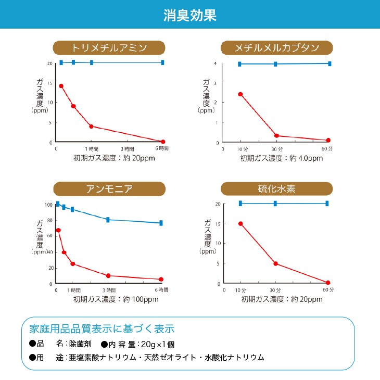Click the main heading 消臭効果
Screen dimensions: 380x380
point(189,15)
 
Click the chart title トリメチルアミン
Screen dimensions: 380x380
point(109,48)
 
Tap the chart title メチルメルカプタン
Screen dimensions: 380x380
point(277,48)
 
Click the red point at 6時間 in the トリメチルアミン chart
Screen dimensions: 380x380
point(163,142)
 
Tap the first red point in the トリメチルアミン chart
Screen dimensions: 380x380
point(61,86)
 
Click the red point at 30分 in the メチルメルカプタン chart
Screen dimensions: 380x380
point(276,136)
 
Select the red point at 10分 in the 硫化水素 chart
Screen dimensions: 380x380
point(240,224)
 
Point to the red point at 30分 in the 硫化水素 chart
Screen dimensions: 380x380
point(275,263)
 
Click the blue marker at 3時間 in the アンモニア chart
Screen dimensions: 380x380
point(108,220)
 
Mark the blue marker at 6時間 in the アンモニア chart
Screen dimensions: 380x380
point(161,223)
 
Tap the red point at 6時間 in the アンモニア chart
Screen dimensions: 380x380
point(161,280)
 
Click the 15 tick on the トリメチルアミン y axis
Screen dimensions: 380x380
point(50,83)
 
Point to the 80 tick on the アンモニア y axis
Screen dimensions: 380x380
point(50,220)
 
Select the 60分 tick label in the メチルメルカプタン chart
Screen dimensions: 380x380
point(327,149)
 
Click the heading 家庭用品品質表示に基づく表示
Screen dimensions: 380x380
point(99,329)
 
